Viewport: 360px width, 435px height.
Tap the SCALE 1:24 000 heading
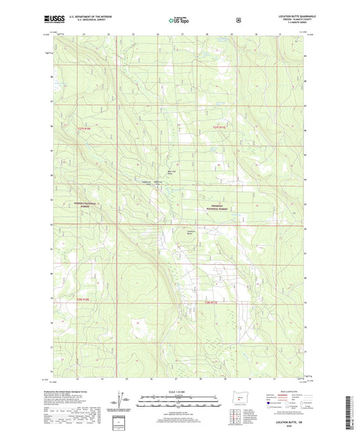click(180, 392)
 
